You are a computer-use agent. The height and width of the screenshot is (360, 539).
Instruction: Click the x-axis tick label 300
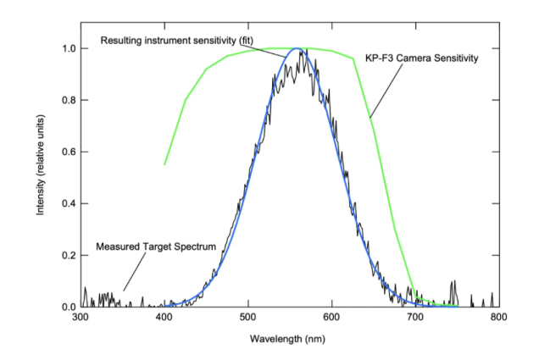tap(81, 317)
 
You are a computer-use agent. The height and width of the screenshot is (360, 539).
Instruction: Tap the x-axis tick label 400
tap(164, 317)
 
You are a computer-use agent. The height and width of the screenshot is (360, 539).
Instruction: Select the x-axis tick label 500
tap(247, 317)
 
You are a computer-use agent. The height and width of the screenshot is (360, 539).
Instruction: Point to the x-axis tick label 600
tap(331, 317)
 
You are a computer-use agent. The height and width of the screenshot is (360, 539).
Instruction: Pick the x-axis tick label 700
tap(415, 317)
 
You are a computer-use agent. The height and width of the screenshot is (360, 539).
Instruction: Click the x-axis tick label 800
tap(499, 317)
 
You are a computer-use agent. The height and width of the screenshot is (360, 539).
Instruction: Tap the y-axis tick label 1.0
tap(69, 48)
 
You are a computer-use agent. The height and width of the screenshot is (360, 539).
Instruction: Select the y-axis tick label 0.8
tap(69, 100)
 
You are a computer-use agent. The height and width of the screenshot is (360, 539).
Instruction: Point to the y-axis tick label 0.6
tap(69, 152)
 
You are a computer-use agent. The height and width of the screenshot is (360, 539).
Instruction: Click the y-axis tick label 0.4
tap(69, 203)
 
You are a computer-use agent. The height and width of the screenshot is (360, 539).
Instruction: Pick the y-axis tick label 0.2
tap(69, 256)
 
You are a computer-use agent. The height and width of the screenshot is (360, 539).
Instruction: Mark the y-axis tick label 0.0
tap(69, 307)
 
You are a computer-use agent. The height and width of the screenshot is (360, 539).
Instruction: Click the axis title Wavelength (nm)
tap(287, 339)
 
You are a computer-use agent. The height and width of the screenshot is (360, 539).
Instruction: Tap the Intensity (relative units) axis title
tap(41, 165)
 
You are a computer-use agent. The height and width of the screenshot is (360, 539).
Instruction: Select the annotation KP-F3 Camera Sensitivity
tap(421, 58)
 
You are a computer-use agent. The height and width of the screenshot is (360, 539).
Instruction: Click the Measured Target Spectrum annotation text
tap(156, 246)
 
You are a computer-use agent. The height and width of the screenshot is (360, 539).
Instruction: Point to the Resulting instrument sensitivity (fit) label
tap(176, 41)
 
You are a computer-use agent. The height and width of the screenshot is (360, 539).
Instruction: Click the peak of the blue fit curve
tap(297, 48)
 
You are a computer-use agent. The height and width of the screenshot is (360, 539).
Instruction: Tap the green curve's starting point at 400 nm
tap(164, 164)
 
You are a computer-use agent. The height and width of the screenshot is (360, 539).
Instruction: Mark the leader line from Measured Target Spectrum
tap(135, 272)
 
